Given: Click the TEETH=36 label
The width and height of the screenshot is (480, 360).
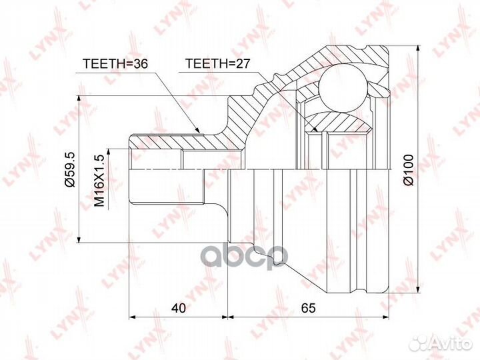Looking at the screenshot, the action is click(116, 64).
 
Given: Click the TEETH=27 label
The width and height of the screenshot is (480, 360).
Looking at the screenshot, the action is click(218, 63).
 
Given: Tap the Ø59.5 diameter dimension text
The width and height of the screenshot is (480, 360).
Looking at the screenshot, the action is click(71, 169).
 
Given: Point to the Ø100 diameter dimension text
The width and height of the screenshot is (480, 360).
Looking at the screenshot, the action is click(409, 170).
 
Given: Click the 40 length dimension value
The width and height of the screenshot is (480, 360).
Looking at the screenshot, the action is click(179, 308).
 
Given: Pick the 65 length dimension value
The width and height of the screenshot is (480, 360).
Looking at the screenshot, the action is click(308, 308).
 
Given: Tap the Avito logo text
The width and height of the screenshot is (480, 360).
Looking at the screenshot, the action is click(453, 344).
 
